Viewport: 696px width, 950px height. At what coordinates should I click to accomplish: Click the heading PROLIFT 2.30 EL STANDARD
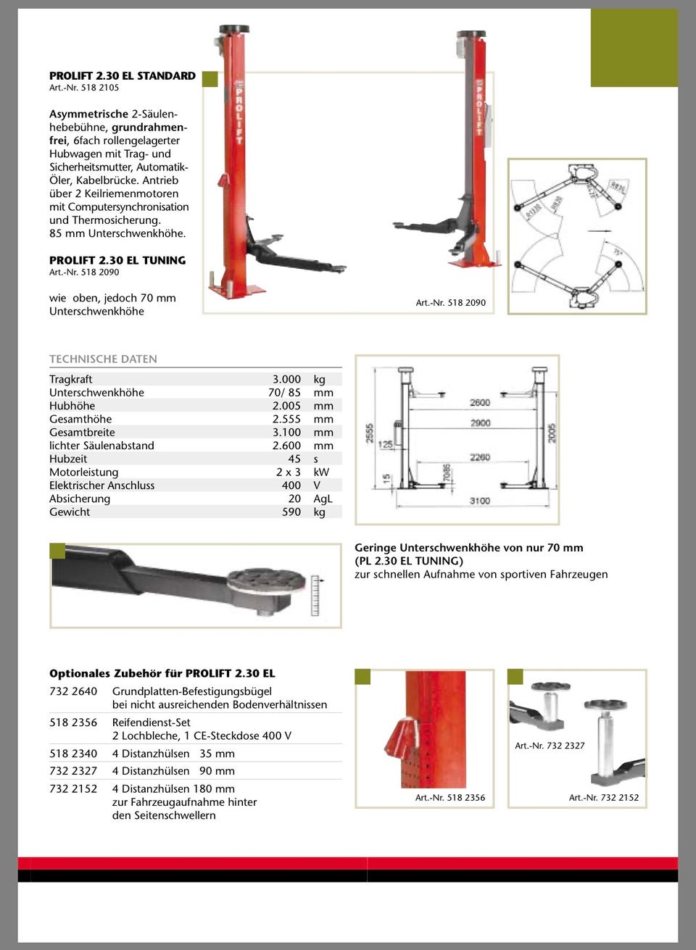[x=122, y=75]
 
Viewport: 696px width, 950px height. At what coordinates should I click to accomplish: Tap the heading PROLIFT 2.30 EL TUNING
[x=117, y=260]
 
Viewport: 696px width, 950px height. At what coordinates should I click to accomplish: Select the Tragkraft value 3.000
[x=286, y=379]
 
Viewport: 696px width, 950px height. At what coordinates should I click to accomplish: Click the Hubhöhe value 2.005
[x=286, y=406]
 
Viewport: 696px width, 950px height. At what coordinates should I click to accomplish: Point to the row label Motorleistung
[x=83, y=472]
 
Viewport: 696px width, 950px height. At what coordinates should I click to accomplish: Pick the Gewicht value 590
[x=291, y=512]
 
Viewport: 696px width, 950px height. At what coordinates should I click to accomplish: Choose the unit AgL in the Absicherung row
[x=323, y=499]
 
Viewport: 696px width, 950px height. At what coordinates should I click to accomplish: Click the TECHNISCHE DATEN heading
[x=103, y=359]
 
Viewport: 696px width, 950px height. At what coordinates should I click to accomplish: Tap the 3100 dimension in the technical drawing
[x=479, y=501]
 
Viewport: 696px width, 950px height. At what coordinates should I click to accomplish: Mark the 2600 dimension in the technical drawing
[x=479, y=402]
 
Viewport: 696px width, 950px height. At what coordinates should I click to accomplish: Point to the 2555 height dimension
[x=370, y=433]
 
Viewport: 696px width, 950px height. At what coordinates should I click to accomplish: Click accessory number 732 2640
[x=73, y=691]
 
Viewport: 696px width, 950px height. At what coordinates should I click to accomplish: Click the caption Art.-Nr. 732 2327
[x=550, y=745]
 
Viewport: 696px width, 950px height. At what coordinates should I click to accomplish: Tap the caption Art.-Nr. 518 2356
[x=450, y=797]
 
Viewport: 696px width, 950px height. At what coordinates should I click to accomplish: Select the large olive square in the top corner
[x=634, y=48]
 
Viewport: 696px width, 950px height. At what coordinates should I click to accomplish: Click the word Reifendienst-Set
[x=151, y=722]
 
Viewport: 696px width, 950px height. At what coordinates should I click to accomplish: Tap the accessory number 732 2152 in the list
[x=73, y=788]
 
